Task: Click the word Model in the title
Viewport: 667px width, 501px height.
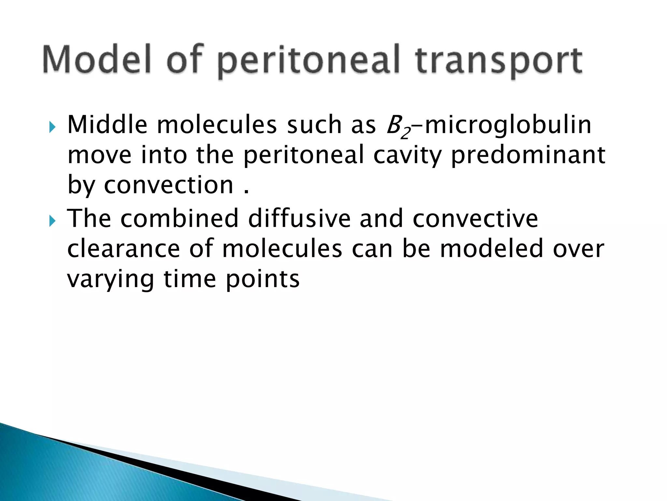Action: [x=96, y=60]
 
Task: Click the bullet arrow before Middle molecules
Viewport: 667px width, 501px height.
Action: [x=52, y=127]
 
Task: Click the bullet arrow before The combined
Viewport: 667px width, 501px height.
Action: [x=52, y=221]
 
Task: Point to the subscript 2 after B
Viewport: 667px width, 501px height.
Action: [x=405, y=133]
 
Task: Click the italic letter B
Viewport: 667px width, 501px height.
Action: [x=393, y=125]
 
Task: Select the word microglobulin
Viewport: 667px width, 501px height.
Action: [x=508, y=125]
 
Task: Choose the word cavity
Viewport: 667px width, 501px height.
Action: [x=407, y=156]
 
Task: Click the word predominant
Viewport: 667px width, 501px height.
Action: [x=528, y=156]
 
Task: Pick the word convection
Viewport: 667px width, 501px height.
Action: [x=169, y=185]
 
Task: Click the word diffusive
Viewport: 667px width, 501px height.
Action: [x=299, y=218]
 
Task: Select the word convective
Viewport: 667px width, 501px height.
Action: [x=475, y=219]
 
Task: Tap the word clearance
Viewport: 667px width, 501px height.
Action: [x=123, y=249]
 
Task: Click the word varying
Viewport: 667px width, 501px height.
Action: [x=110, y=280]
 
